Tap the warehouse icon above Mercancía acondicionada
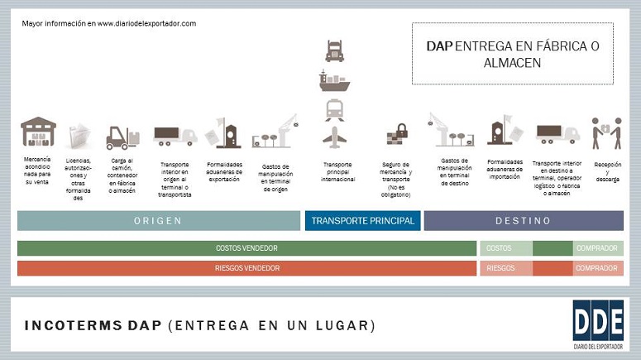(x=38, y=132)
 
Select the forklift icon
(x=122, y=137)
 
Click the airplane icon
(x=334, y=136)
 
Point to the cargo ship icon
(x=334, y=80)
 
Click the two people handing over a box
(x=606, y=132)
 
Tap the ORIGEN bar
(x=158, y=221)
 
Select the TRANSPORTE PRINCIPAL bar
(x=362, y=221)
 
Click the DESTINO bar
(x=524, y=221)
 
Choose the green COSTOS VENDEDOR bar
(x=246, y=248)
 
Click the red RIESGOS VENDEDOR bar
(x=246, y=268)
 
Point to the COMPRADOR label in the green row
(x=598, y=248)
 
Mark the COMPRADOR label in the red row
(x=598, y=268)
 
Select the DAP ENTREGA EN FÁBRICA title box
(x=513, y=54)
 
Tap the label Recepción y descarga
(x=607, y=171)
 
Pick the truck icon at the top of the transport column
(x=334, y=51)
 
